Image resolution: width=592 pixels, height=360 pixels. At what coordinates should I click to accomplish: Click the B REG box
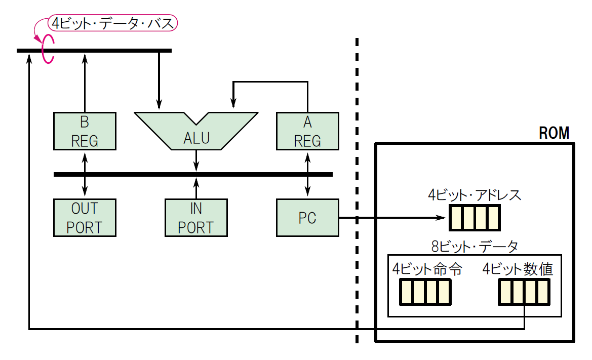coord(85,131)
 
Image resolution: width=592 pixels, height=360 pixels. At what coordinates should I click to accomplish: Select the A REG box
coord(307,131)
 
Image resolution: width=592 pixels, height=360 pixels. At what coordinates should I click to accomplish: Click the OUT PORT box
coord(85,218)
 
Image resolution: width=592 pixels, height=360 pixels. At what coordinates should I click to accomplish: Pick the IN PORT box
coord(196,218)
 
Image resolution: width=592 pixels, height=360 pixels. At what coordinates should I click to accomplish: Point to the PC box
coord(307,218)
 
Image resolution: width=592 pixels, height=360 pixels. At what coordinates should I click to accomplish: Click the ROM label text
coord(554,133)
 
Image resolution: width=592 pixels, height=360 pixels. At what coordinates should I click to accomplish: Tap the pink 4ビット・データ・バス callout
coord(113,23)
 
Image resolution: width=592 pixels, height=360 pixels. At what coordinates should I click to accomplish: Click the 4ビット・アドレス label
coord(474,195)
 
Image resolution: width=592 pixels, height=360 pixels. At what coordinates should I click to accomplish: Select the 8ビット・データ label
coord(475,247)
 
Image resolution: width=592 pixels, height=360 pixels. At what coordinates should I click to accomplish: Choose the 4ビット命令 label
coord(427,269)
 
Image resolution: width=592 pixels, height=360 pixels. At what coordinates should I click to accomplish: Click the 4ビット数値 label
coord(518,269)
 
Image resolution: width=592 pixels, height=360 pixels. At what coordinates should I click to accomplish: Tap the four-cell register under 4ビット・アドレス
coord(474,218)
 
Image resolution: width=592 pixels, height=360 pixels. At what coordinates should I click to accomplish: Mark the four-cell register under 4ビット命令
coord(425,292)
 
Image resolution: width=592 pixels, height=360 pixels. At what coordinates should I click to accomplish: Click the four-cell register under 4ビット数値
coord(524,292)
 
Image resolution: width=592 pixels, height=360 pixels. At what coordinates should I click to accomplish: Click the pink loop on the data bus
coord(47,50)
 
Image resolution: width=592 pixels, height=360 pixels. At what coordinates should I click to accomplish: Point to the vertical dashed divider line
coord(357,192)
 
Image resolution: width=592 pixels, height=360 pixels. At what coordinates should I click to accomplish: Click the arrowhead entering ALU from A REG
coord(233,104)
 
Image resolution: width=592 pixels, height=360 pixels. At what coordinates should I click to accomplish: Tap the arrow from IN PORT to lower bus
coord(196,187)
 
